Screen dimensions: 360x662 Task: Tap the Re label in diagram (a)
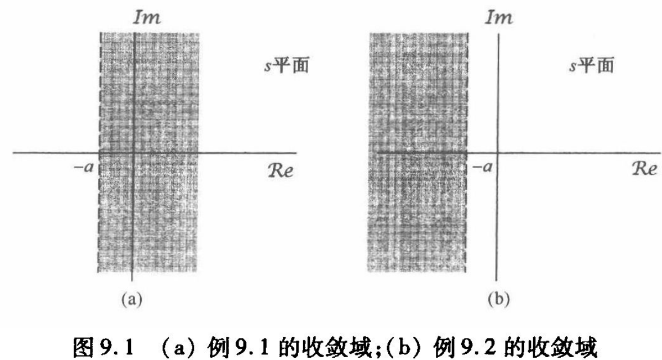coord(279,170)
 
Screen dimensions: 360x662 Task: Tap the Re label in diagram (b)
coord(641,170)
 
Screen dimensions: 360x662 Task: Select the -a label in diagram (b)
coord(479,168)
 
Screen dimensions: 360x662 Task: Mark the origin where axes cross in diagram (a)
coord(133,152)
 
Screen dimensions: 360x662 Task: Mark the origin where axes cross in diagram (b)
coord(497,152)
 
